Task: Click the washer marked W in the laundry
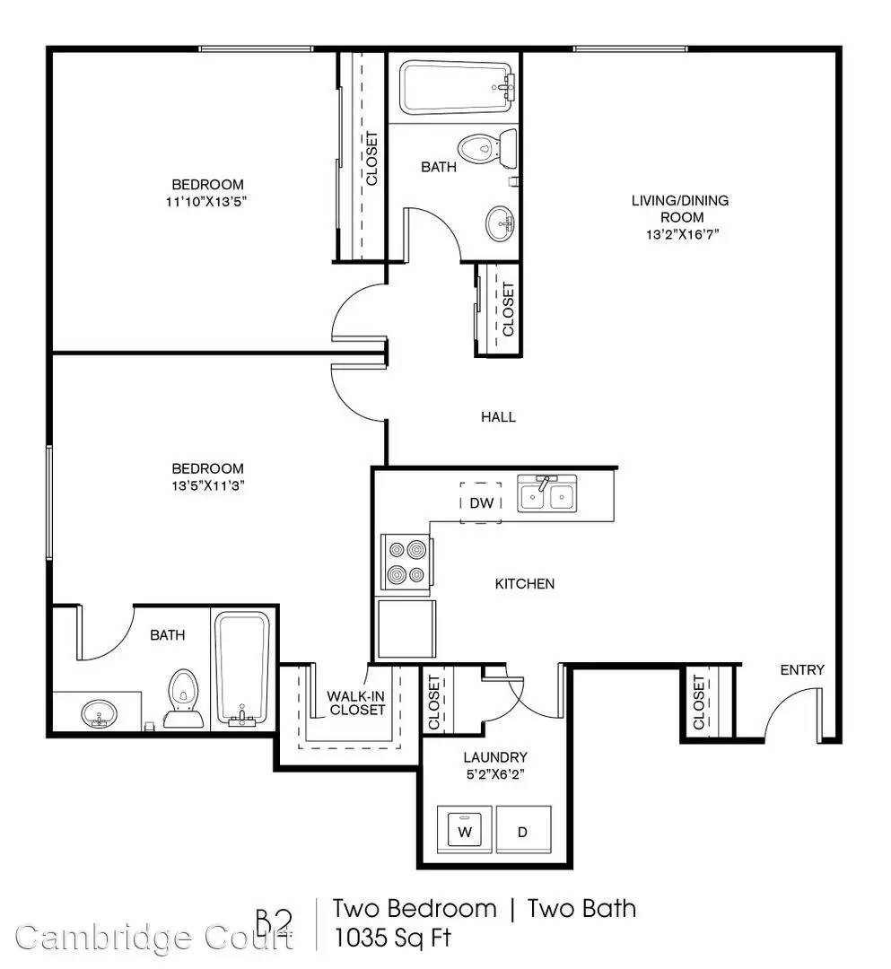(465, 829)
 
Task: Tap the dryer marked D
(523, 829)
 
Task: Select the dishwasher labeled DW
(481, 502)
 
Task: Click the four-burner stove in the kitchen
(406, 562)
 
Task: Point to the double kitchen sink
(546, 493)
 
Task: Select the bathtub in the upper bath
(456, 88)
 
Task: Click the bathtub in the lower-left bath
(242, 668)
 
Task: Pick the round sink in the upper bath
(500, 223)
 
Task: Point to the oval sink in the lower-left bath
(99, 713)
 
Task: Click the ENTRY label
(802, 670)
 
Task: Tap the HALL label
(498, 417)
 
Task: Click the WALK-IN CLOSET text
(356, 703)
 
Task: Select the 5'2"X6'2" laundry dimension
(495, 773)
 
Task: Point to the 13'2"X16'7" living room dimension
(682, 234)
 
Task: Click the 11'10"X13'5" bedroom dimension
(206, 201)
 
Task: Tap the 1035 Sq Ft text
(392, 938)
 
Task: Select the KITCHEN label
(525, 584)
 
